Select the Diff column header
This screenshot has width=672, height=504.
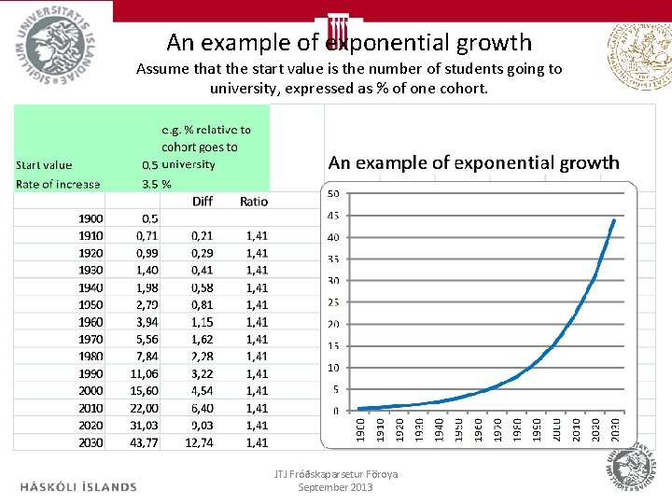coord(202,201)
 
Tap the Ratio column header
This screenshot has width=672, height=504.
coord(253,201)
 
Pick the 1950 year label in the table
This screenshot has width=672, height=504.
coord(91,304)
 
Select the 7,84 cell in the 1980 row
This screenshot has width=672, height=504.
coord(146,357)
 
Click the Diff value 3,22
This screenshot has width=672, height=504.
coord(202,373)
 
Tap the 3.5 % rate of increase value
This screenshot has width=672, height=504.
coord(157,184)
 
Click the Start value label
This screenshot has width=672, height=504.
coord(43,165)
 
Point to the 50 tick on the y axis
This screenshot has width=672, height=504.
coord(332,194)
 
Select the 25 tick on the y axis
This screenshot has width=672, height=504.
coord(332,302)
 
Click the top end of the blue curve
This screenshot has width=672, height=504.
coord(614,220)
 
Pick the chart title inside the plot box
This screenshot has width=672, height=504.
coord(473,162)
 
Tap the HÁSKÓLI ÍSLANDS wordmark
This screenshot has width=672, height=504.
coord(77,486)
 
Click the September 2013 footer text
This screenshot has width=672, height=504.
coord(335,486)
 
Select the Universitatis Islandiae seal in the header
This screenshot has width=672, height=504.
coord(54,43)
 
